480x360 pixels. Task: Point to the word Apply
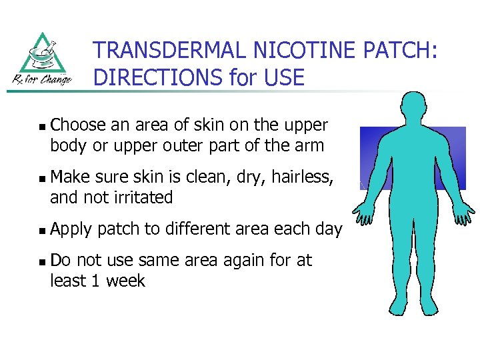click(71, 230)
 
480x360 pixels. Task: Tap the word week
click(123, 281)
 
